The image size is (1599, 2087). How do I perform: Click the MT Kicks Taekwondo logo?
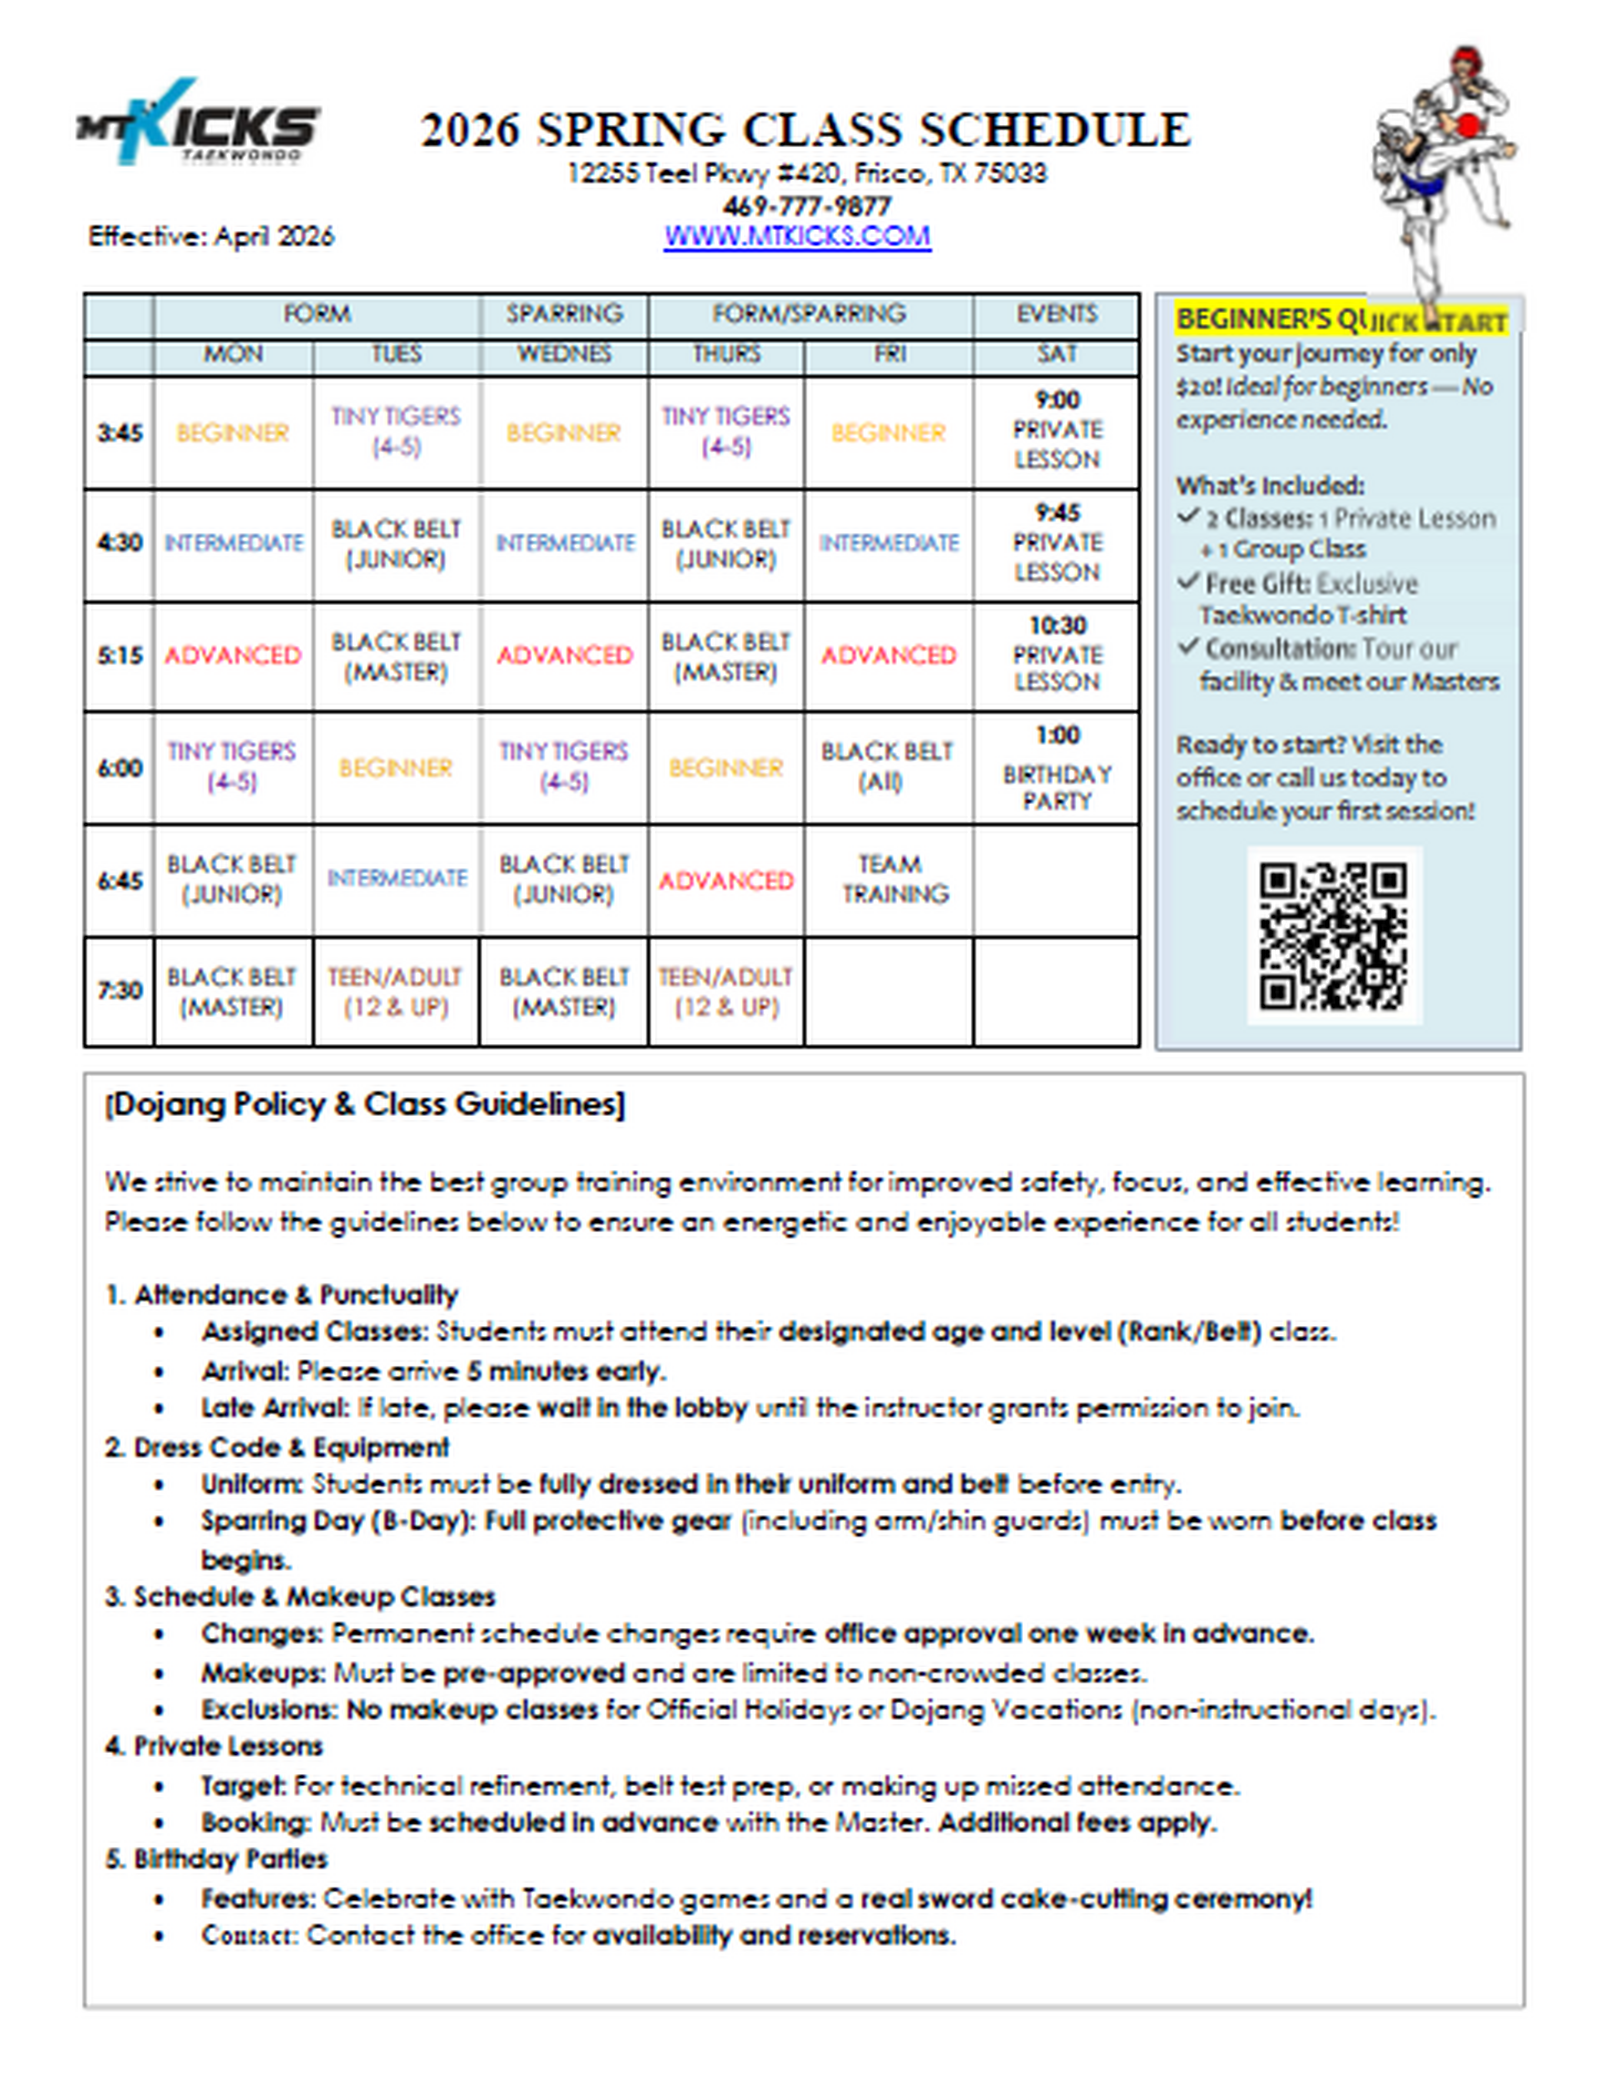[198, 122]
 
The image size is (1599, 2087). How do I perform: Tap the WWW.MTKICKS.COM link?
[797, 237]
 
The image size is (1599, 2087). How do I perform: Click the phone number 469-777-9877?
[806, 206]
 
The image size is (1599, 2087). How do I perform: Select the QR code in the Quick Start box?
[1332, 935]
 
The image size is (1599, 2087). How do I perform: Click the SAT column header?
[1056, 354]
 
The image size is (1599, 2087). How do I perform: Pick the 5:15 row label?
[119, 656]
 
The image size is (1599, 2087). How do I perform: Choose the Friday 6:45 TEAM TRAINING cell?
[889, 879]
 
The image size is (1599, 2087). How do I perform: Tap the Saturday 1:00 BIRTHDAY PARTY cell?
[1056, 768]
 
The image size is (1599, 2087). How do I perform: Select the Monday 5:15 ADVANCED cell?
[232, 655]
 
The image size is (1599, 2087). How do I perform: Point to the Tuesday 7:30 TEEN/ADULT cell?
[395, 991]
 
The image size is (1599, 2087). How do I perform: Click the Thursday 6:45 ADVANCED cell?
[726, 881]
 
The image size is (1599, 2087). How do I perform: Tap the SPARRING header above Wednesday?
[564, 314]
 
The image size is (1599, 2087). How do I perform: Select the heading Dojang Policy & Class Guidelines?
[365, 1104]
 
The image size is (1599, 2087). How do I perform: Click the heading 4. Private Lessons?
[214, 1746]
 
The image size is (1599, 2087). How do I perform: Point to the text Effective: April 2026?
[211, 237]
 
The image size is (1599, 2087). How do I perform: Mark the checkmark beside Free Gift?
[1188, 581]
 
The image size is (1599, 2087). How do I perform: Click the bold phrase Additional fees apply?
[1077, 1822]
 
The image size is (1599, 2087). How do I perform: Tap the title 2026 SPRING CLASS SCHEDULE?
[805, 130]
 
